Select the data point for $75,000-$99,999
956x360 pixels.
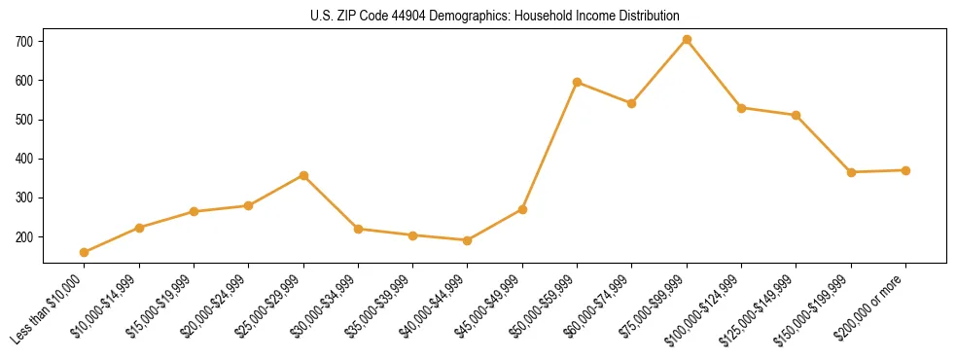(687, 39)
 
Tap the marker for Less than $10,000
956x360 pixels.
(85, 252)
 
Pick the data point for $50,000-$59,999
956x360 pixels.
(578, 82)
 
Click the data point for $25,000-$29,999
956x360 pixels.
(303, 175)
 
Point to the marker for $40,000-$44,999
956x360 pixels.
(468, 240)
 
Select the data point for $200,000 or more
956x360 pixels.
(905, 170)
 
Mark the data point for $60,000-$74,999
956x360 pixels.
(632, 103)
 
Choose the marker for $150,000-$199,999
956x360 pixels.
(851, 172)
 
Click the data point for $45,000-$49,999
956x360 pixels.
(522, 209)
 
